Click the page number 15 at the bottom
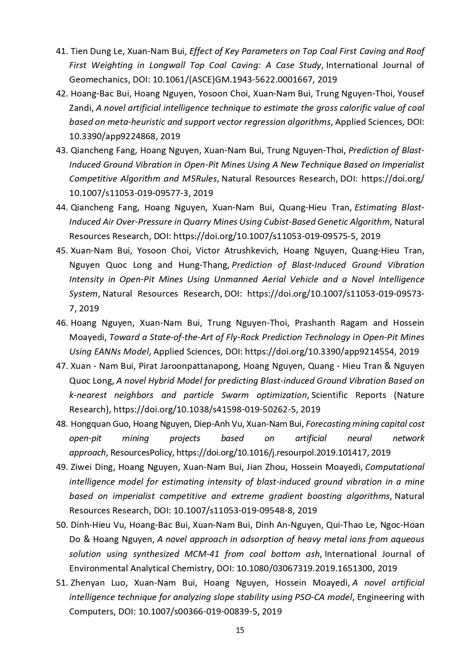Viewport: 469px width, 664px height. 240,630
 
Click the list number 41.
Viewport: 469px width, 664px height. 61,51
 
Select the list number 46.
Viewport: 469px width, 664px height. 61,323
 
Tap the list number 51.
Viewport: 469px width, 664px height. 61,583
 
